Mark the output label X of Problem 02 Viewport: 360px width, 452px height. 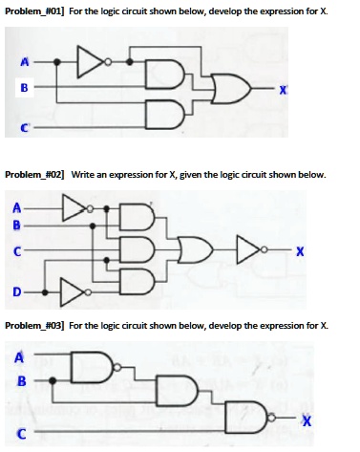[x=299, y=252]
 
